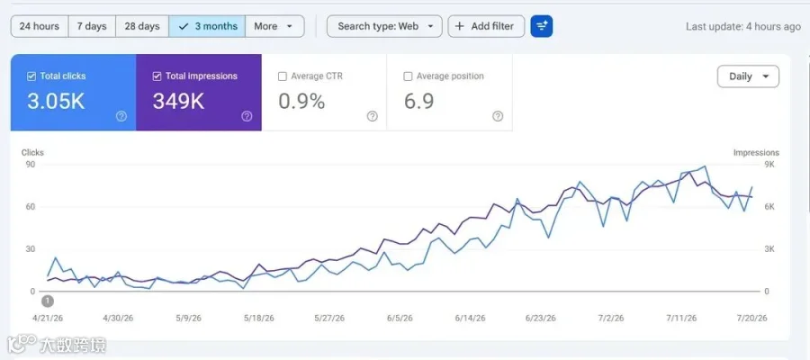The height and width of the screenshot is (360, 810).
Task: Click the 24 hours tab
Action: click(x=40, y=26)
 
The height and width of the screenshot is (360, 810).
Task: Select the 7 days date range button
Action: click(x=92, y=26)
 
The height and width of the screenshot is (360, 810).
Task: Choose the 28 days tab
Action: click(x=142, y=26)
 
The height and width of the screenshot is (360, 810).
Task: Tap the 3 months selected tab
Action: click(x=207, y=26)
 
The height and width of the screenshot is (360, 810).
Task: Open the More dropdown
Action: click(x=274, y=26)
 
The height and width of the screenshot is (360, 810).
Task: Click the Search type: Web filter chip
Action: click(x=384, y=26)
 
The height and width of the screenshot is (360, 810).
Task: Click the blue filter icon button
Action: click(x=542, y=26)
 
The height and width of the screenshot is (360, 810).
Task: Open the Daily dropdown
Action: click(x=748, y=76)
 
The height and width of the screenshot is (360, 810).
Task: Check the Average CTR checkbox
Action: click(x=283, y=76)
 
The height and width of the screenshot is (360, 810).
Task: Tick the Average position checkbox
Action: click(x=408, y=76)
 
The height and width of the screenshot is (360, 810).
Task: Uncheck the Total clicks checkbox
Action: click(x=31, y=76)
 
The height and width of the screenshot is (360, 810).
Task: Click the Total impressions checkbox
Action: click(x=157, y=76)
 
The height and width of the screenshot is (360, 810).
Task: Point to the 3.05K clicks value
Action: click(x=56, y=101)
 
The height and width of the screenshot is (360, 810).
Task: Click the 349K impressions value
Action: click(x=178, y=101)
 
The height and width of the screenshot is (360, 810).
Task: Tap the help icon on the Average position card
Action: click(x=498, y=116)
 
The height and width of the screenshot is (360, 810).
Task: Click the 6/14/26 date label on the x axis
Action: click(x=470, y=319)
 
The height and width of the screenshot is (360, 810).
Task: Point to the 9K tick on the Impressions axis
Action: click(x=769, y=165)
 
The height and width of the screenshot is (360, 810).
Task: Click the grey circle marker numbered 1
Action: click(x=48, y=301)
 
